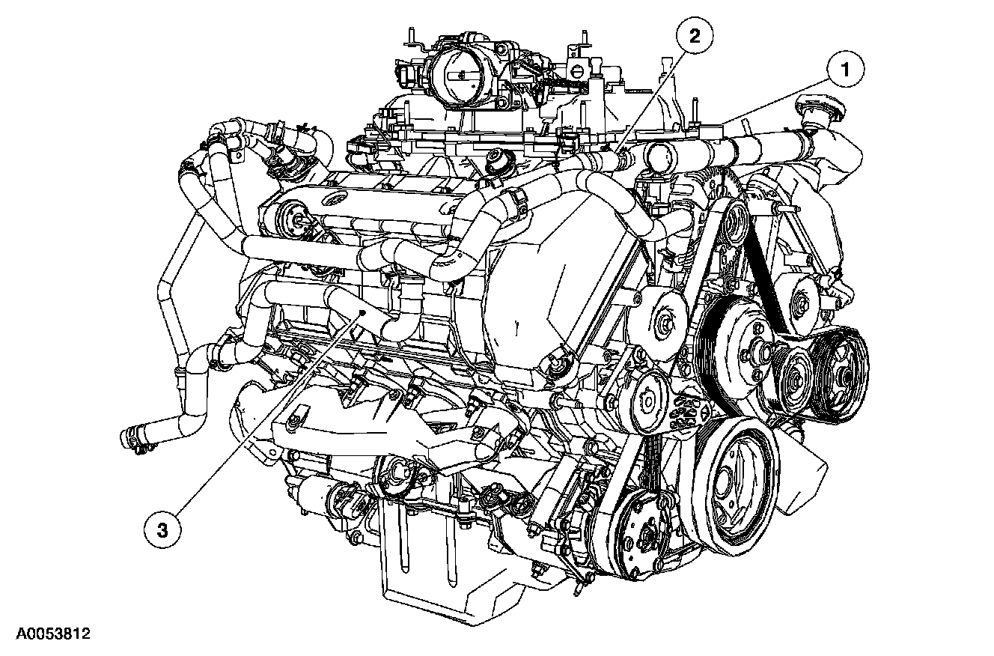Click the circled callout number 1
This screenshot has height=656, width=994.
click(845, 70)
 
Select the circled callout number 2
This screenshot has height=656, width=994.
click(695, 36)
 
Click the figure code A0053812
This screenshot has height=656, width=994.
click(53, 634)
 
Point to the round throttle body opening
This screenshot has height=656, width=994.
click(462, 75)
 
